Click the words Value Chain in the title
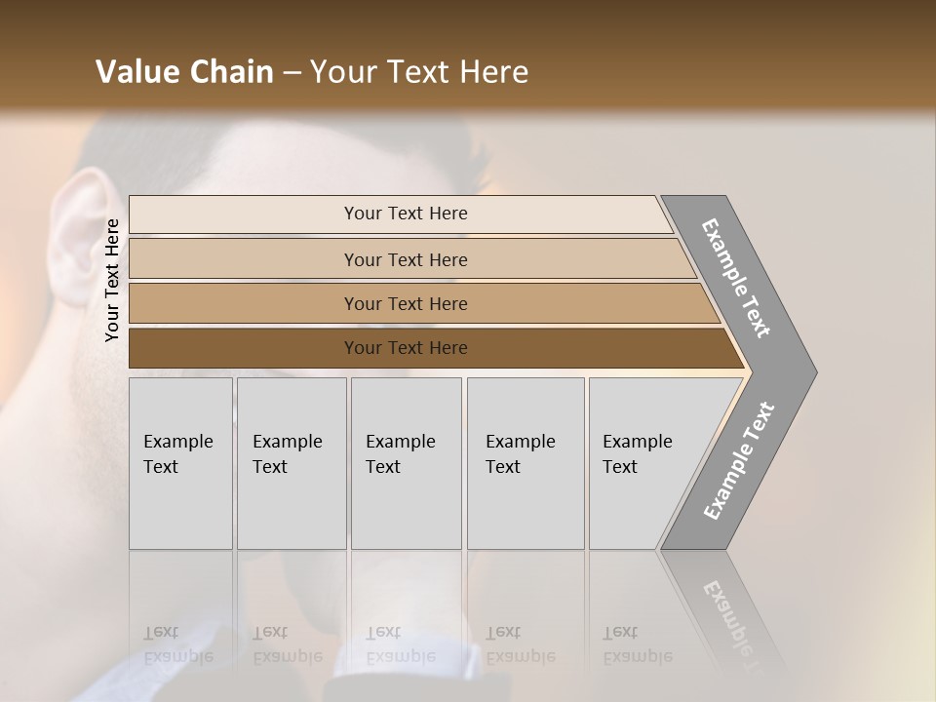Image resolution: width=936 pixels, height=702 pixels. point(184,71)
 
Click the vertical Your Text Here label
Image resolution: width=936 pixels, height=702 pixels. point(113,280)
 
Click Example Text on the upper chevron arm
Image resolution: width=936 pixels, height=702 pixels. point(736,278)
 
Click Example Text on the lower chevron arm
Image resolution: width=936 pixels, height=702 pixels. point(738,460)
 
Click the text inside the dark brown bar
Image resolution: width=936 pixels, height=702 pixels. point(406,348)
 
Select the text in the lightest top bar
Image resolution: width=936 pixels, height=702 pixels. point(406,214)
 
